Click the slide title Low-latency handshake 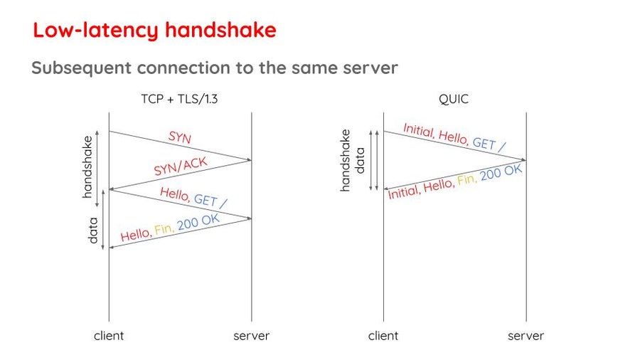point(155,31)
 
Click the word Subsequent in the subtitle point(81,68)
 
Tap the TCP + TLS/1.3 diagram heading point(179,99)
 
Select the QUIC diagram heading point(454,99)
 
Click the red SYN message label point(180,137)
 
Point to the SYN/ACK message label point(181,166)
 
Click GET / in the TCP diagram point(210,201)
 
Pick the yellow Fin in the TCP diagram point(164,229)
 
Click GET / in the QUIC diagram point(489,144)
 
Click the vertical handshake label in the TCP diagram point(87,167)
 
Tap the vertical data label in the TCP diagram point(93,231)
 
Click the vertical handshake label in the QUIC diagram point(346,160)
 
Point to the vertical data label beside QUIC point(360,160)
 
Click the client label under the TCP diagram point(109,336)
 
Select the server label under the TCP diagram point(252,336)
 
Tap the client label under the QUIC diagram point(383,336)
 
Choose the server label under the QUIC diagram point(526,336)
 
